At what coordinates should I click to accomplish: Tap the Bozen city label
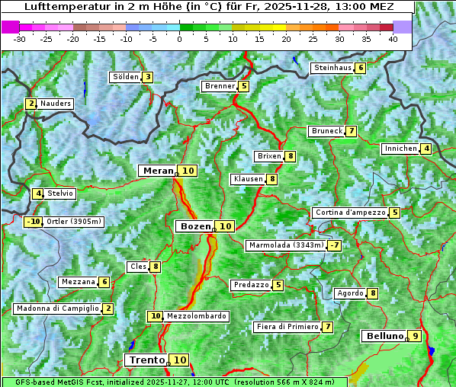tap(194, 226)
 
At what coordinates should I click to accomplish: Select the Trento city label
tap(146, 360)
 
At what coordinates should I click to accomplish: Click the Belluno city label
tap(384, 336)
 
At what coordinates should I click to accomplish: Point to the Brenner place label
tap(220, 86)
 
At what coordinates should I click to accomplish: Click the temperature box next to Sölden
tap(148, 77)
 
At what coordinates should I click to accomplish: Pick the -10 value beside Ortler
tap(33, 222)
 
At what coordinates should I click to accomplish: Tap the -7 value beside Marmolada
tap(334, 245)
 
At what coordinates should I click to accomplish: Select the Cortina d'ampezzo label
tap(349, 213)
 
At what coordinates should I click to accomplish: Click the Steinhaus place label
tap(332, 68)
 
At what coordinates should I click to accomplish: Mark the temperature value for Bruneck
tap(351, 131)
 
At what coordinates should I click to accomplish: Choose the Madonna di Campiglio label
tap(57, 309)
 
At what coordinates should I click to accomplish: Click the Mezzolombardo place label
tap(196, 316)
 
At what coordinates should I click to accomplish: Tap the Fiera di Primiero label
tap(287, 327)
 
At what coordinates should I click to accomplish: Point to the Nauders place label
tap(55, 104)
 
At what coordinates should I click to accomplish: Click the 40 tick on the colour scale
tap(393, 39)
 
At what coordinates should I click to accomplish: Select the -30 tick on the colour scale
tap(20, 39)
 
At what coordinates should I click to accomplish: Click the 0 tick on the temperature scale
tap(180, 39)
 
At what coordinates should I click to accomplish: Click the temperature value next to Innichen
tap(426, 149)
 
